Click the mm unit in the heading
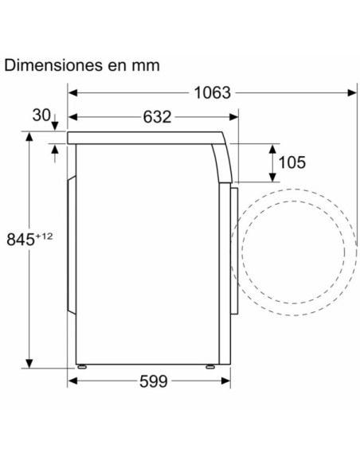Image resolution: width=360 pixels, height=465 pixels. [x=146, y=65]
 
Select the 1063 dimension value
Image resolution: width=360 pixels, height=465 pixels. [x=212, y=93]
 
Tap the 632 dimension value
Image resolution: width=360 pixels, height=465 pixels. [x=157, y=118]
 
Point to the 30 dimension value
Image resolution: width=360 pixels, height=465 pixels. [x=42, y=115]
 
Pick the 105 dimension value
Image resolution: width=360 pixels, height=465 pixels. [x=292, y=163]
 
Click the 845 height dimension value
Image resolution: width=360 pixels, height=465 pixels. [x=19, y=238]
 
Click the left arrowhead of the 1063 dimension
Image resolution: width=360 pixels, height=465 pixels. [x=72, y=93]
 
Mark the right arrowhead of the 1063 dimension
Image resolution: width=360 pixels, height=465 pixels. [x=352, y=93]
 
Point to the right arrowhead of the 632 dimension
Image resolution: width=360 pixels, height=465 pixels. [x=234, y=118]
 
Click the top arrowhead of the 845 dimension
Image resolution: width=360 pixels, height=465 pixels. [x=30, y=137]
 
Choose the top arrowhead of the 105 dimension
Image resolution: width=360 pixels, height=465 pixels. [x=272, y=148]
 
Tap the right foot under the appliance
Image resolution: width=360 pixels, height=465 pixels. [x=210, y=367]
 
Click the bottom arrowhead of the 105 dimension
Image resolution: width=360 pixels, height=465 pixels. [x=272, y=178]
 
